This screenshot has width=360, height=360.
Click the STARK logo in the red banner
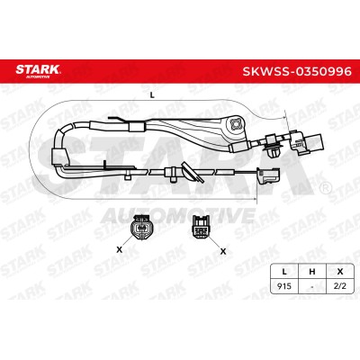(x=38, y=71)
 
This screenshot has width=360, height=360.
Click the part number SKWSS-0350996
(x=297, y=71)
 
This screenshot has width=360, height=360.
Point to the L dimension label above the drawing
(x=152, y=95)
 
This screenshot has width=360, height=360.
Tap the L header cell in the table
(x=284, y=272)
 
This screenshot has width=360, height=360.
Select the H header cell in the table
(x=312, y=272)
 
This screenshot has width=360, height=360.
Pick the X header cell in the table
(x=340, y=272)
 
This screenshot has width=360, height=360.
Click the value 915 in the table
(x=284, y=286)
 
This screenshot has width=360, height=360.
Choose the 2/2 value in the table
(x=340, y=286)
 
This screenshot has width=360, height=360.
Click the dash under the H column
(x=312, y=287)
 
